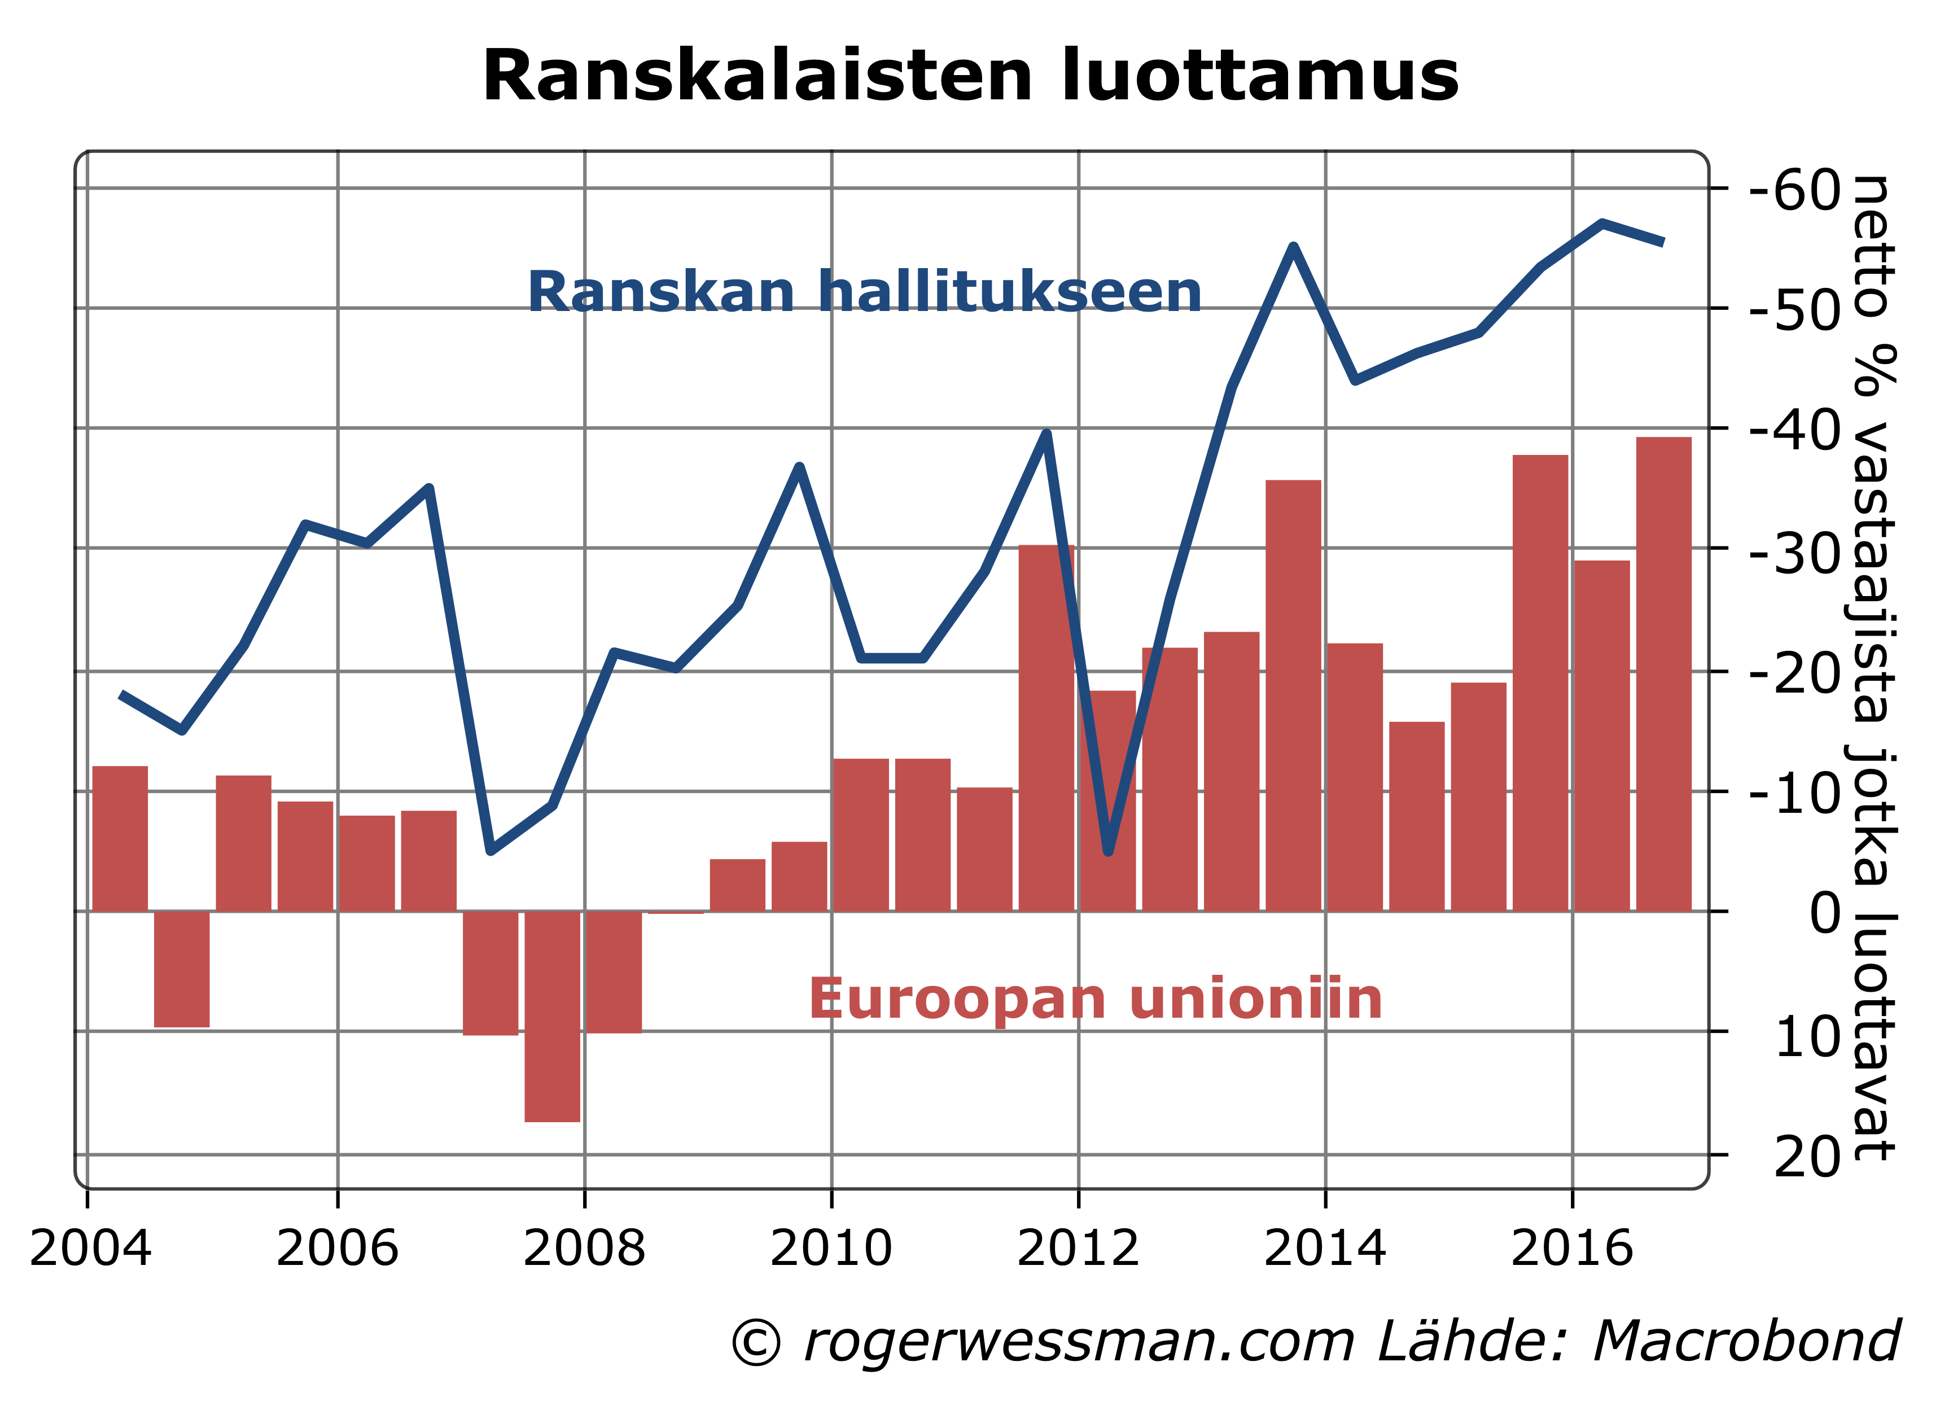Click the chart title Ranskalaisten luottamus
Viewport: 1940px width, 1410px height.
[x=970, y=77]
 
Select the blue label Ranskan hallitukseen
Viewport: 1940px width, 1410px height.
[x=864, y=292]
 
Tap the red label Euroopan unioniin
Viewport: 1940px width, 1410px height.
[x=1095, y=999]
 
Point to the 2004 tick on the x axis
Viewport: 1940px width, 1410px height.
[x=90, y=1249]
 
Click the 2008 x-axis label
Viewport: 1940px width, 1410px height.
[x=584, y=1249]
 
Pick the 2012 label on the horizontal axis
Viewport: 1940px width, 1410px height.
[x=1078, y=1249]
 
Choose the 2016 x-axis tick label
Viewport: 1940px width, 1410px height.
[x=1572, y=1249]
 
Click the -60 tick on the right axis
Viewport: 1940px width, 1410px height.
[x=1794, y=190]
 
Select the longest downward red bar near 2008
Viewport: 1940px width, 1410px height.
[x=551, y=1018]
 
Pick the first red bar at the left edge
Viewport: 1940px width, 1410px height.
[x=120, y=838]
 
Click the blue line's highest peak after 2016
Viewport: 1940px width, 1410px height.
[x=1601, y=224]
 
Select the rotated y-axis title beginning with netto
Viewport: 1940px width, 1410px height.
[x=1873, y=667]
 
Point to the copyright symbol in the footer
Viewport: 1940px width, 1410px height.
[x=756, y=1342]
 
